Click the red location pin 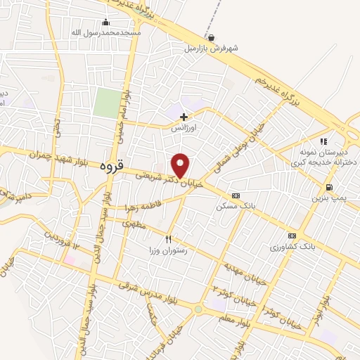(181, 165)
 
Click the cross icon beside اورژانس (184, 117)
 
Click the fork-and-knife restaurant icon (168, 239)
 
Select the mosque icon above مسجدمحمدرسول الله (106, 22)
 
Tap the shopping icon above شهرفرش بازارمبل (212, 37)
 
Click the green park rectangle (107, 103)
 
